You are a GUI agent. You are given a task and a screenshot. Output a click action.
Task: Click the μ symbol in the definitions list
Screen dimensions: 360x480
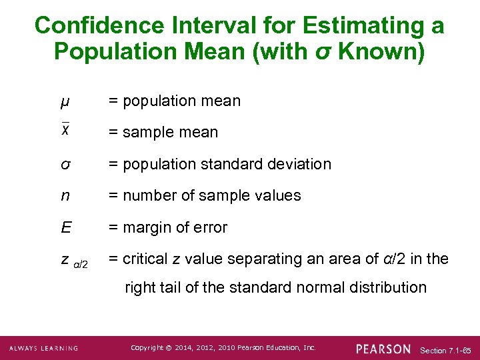coord(64,102)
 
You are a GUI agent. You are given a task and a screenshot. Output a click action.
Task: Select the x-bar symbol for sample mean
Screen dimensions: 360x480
coord(65,130)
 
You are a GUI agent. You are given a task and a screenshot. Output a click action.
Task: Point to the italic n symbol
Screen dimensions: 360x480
coord(65,196)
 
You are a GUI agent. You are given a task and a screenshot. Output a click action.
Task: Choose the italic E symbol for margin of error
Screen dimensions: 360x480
coord(66,227)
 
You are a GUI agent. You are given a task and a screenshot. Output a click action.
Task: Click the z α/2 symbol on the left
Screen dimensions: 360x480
coord(74,261)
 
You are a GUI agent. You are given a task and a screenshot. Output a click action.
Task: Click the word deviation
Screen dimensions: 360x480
coord(300,164)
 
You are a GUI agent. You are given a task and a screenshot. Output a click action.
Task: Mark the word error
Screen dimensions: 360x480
coord(210,227)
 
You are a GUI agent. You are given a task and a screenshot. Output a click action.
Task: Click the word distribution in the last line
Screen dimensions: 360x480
coord(387,287)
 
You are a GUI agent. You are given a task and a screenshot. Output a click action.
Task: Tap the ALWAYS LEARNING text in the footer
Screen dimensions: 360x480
coord(44,349)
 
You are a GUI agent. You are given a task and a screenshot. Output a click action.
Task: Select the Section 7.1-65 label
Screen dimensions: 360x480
coord(446,350)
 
